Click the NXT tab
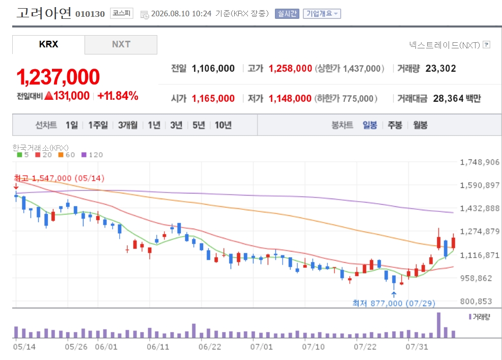pos(121,44)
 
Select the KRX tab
pos(49,44)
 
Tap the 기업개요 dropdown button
pos(322,13)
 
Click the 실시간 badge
pos(287,13)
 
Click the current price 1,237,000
pos(58,77)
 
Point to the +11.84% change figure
pos(118,96)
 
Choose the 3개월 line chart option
pos(128,125)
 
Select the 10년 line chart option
pos(223,125)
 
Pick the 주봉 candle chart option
pos(395,125)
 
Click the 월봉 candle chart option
pos(420,125)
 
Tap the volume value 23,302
pos(440,68)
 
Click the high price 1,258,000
pos(290,68)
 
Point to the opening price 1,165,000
pos(213,98)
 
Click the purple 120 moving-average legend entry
pos(92,155)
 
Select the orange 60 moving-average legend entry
pos(67,155)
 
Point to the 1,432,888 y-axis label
pos(480,208)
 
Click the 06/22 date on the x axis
pos(210,347)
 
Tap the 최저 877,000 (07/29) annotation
pos(394,303)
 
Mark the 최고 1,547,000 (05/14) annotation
pos(59,178)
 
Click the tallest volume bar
pos(438,325)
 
